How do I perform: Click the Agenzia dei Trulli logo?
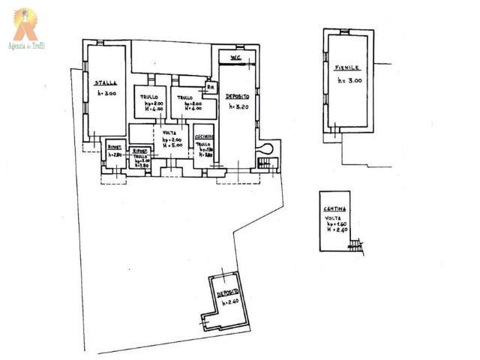coord(26,29)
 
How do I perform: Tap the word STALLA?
coord(105,82)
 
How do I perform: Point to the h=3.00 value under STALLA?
coord(107,94)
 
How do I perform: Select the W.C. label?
coord(234,58)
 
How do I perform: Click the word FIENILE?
coord(347,68)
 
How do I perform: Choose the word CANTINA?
coord(334,208)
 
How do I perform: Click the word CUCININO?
coord(204,136)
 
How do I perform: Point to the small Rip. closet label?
coord(211,87)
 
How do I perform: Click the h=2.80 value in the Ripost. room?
coord(115,154)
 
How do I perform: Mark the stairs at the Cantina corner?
coord(358,246)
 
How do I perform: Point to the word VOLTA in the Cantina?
coord(333,217)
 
